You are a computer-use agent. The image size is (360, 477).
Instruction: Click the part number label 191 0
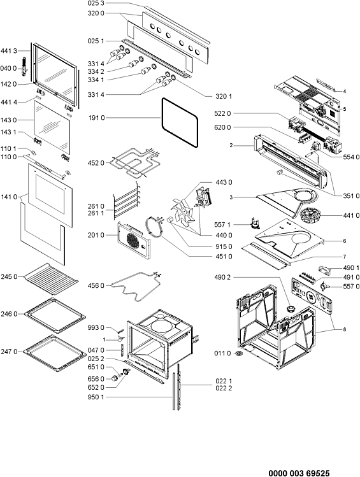[96, 118]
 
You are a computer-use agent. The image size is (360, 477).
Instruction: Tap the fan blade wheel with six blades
[183, 213]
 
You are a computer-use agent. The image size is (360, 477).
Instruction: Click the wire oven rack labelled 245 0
[51, 279]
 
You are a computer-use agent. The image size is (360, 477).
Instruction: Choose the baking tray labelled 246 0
[55, 315]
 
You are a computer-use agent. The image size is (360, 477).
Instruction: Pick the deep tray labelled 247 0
[55, 353]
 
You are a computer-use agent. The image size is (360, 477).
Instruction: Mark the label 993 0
[96, 327]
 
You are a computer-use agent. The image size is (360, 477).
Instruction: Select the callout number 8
[345, 329]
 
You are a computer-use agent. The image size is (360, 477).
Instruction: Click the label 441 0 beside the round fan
[351, 215]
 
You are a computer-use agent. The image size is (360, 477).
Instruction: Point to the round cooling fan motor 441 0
[309, 213]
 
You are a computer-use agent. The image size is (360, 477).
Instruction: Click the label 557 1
[222, 225]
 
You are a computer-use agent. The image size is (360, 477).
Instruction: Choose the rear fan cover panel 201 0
[133, 240]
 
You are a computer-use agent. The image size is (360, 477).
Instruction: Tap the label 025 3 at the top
[96, 3]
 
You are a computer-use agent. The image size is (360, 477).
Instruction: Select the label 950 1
[96, 397]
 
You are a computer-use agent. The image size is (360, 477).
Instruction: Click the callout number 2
[231, 145]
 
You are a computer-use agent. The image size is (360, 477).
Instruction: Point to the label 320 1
[224, 96]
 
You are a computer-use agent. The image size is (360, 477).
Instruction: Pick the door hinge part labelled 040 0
[25, 66]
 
